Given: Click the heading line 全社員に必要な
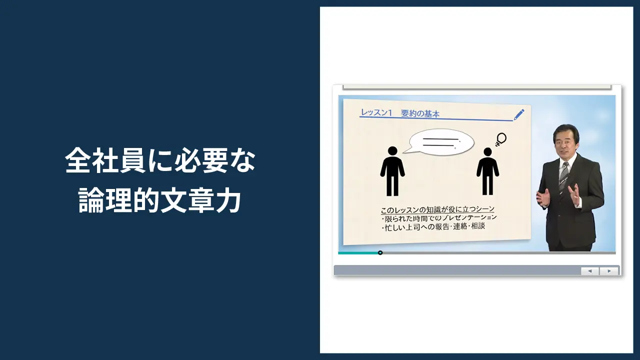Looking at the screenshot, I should pos(160,161).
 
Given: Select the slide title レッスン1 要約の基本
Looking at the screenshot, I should pos(399,113).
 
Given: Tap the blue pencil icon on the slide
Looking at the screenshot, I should pos(519,114).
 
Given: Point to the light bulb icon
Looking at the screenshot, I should pos(500,138).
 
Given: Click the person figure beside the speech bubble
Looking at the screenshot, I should pos(392,170).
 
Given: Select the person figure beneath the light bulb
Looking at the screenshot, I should pos(487,170).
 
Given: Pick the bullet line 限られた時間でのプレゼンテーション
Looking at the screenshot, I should pos(439,218).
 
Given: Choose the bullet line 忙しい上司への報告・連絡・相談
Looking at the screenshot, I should pos(433,226).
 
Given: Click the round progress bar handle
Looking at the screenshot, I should pos(380,253).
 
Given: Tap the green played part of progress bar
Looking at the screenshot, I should pos(358,253).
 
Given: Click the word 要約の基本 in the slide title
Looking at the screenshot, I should pos(420,113).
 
